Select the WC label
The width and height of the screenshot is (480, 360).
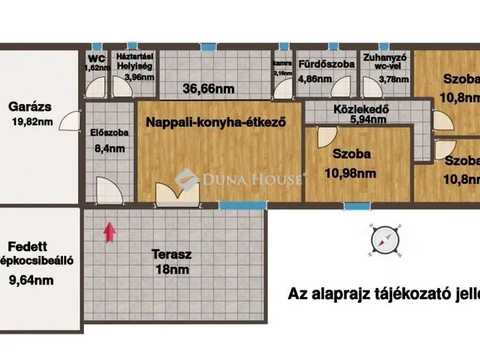[95, 57]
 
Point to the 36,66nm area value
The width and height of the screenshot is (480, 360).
[208, 88]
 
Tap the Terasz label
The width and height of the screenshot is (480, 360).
[171, 254]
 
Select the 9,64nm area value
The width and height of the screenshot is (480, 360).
[31, 281]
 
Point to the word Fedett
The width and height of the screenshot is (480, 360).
[28, 247]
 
